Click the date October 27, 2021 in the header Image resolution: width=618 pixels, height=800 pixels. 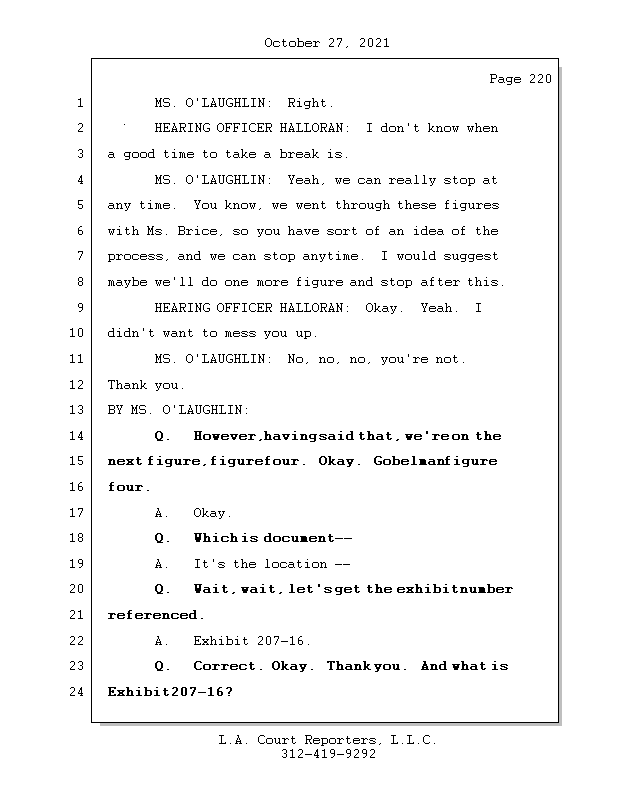tap(326, 43)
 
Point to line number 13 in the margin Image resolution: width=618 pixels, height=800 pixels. tap(77, 410)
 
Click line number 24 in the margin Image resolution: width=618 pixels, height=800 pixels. tap(77, 691)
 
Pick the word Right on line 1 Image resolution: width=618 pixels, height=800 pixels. tap(310, 103)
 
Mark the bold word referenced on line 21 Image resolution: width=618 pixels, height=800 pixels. tap(155, 615)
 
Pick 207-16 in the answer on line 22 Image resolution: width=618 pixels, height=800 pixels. tap(279, 640)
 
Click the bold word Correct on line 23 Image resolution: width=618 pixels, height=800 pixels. tap(229, 666)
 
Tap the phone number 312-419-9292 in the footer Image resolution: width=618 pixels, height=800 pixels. tap(328, 754)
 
